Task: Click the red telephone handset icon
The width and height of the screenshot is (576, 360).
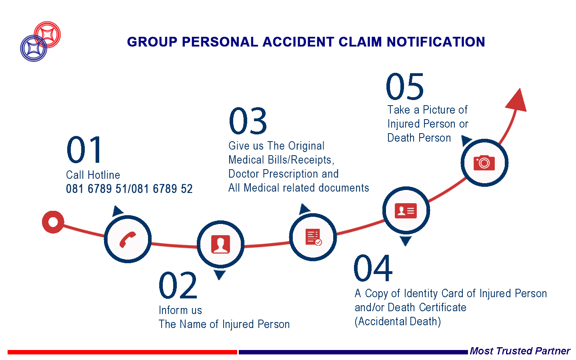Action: [128, 239]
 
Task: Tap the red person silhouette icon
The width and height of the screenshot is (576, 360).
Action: [220, 244]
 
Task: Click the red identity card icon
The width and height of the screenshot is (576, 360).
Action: [406, 211]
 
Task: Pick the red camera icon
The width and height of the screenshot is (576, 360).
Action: [484, 163]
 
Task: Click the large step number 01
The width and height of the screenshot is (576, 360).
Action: [84, 150]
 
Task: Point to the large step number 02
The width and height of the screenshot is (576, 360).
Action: [178, 286]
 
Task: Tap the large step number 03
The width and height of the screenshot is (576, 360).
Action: [248, 121]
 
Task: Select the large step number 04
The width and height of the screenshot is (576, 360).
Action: [373, 268]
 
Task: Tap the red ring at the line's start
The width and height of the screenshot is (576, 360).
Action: [53, 222]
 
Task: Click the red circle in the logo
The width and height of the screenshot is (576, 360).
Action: [47, 34]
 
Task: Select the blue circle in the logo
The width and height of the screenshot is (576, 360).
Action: [34, 48]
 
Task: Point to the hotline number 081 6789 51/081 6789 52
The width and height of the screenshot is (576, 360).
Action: [129, 189]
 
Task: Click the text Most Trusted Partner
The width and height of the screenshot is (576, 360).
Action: [520, 351]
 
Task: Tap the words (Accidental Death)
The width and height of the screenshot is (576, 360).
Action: [398, 322]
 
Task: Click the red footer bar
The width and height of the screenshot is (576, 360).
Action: [122, 352]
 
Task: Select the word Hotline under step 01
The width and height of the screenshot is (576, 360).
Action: [104, 175]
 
